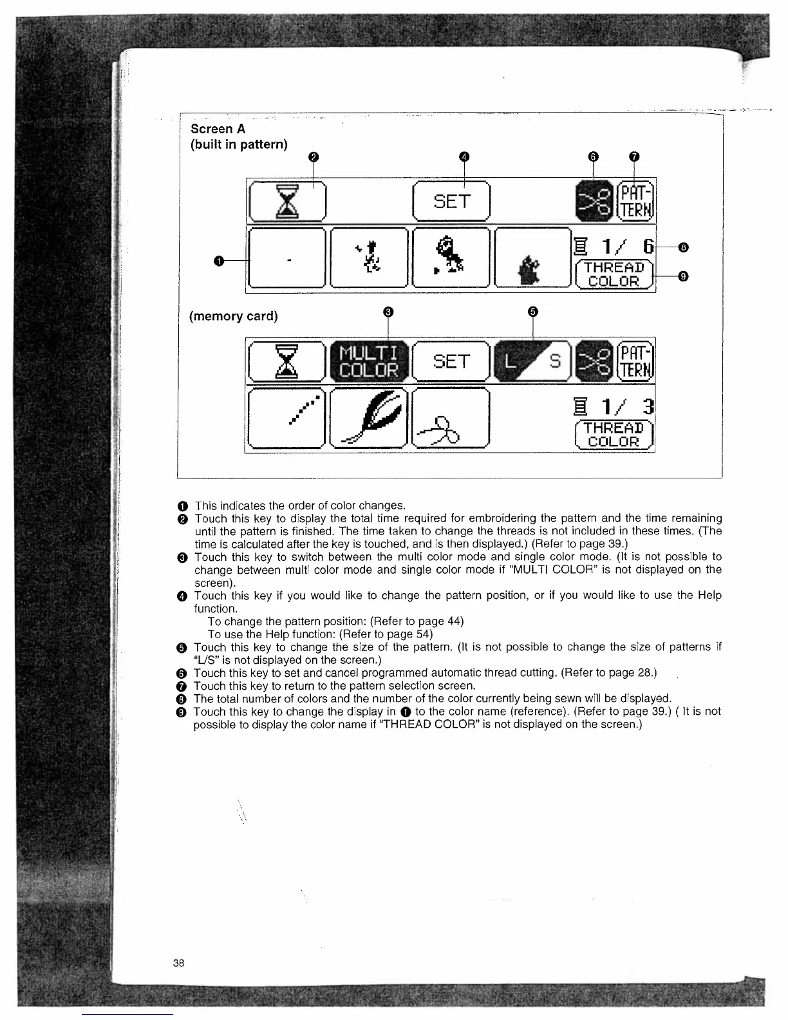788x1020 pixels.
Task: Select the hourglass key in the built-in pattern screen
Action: click(287, 202)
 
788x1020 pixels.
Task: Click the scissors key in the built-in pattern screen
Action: click(594, 202)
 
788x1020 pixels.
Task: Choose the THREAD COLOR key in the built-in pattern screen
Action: click(614, 274)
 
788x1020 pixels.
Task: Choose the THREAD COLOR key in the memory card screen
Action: click(614, 435)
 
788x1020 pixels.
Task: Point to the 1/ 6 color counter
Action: click(615, 247)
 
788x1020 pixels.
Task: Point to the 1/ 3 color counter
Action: click(615, 408)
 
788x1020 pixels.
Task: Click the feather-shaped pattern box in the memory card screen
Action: click(369, 418)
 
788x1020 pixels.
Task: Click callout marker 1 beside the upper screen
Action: click(220, 260)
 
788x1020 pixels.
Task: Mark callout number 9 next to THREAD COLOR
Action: click(684, 277)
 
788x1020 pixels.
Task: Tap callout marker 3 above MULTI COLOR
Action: click(388, 312)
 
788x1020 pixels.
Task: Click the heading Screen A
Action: click(218, 129)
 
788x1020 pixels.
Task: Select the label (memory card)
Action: click(234, 316)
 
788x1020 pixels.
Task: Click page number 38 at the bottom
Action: click(178, 963)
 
